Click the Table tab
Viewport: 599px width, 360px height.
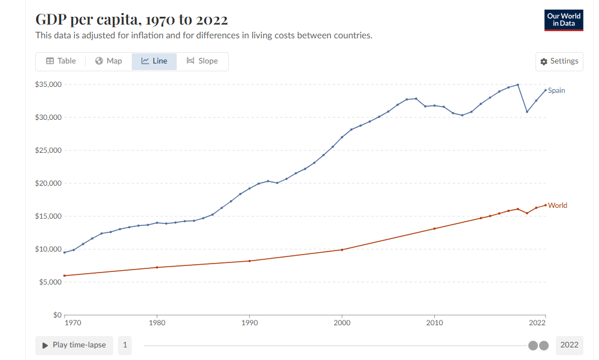point(60,61)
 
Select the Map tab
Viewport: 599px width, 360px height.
point(108,61)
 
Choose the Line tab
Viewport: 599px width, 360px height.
point(154,61)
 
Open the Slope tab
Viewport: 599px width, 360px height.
point(202,61)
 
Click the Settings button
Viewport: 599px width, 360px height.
point(559,61)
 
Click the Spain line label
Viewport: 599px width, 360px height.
point(556,90)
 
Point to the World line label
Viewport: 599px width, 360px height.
point(557,205)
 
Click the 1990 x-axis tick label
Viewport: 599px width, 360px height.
point(249,323)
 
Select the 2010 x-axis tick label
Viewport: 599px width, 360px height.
point(434,323)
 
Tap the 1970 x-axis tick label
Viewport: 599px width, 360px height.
point(72,323)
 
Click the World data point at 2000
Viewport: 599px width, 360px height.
point(342,250)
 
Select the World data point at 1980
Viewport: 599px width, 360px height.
point(157,267)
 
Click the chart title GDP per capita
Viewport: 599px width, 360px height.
point(131,19)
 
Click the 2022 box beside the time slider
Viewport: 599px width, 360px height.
point(569,345)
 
